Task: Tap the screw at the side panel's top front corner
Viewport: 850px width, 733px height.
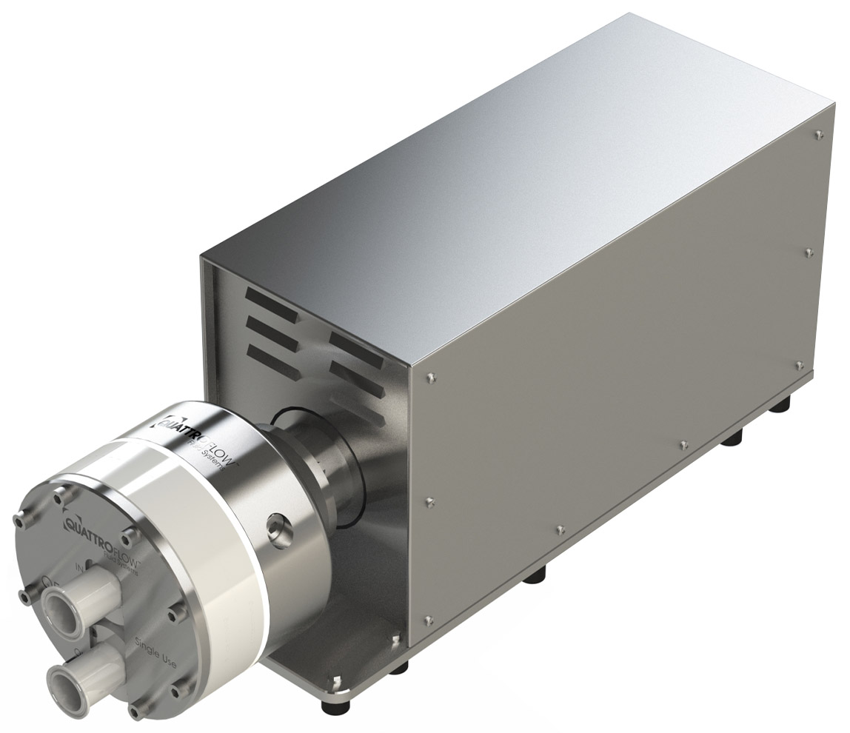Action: click(x=429, y=379)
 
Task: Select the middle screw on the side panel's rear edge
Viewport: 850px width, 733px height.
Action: click(x=808, y=252)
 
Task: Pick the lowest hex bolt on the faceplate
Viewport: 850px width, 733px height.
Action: click(x=134, y=712)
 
